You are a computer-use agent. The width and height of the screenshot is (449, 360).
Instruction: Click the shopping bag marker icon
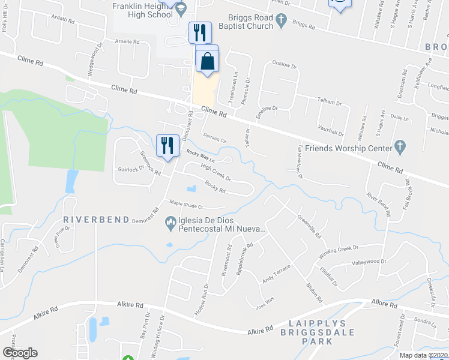point(207,61)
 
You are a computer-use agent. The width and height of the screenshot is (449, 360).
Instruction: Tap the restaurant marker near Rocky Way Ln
point(167,145)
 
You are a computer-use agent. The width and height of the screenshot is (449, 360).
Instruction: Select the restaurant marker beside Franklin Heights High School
point(200,32)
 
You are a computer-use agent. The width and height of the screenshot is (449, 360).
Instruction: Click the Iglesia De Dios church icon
point(170,225)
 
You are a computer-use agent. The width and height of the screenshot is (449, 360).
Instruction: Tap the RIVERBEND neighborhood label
point(97,220)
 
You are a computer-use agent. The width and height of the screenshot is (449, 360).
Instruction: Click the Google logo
point(20,353)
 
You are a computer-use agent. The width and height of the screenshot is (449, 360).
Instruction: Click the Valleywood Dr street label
point(369,262)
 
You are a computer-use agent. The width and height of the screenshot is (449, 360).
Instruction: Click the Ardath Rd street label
point(62,19)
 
